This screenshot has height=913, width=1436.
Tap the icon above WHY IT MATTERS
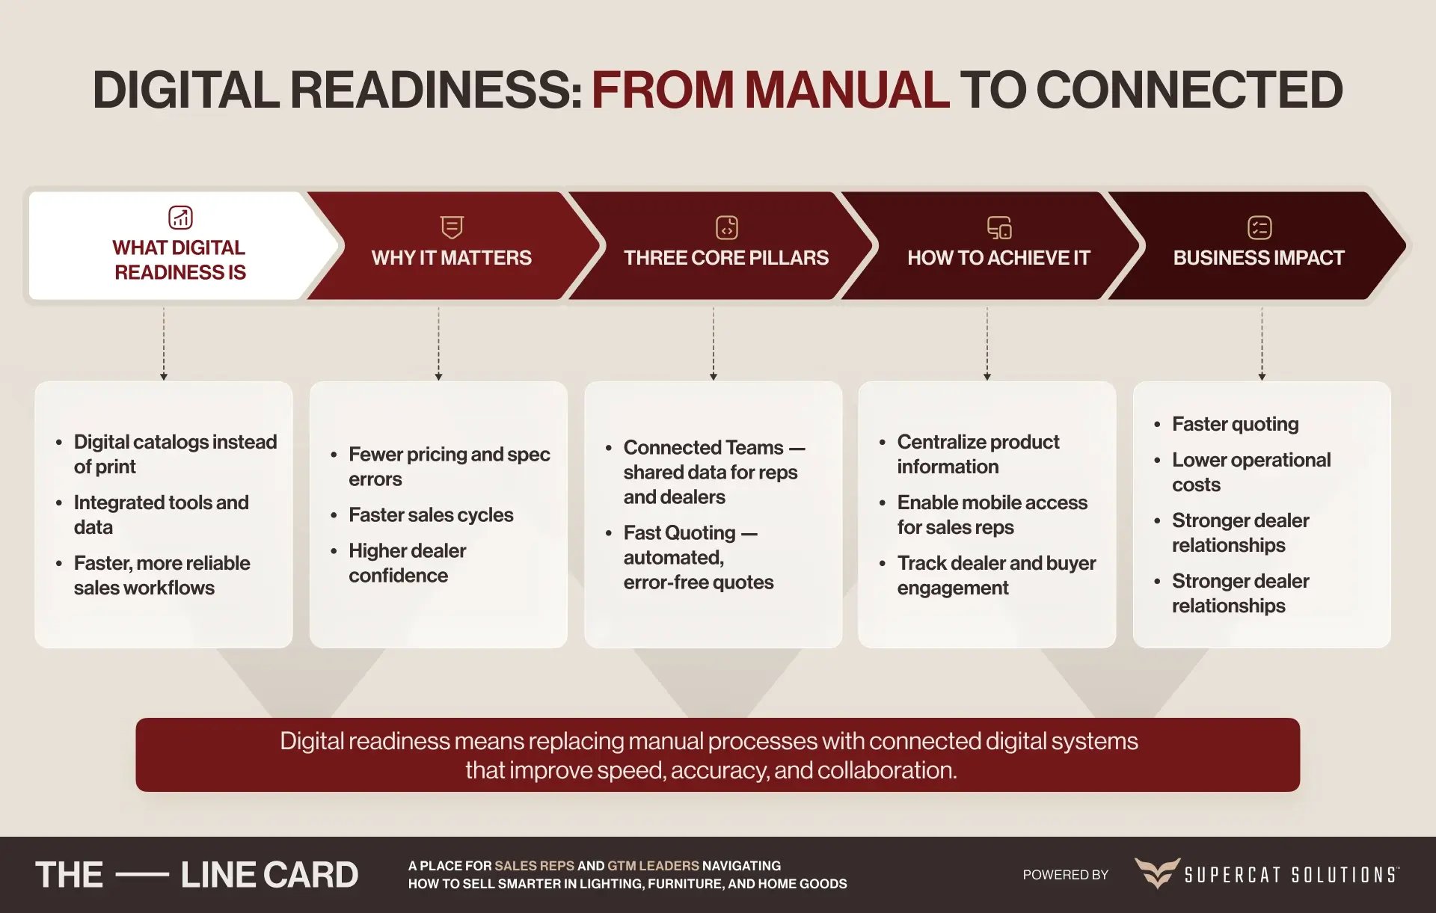(452, 227)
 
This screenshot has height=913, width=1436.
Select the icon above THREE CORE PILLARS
(726, 227)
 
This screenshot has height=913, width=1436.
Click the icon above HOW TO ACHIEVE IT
(999, 227)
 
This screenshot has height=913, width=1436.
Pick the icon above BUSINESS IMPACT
(1259, 227)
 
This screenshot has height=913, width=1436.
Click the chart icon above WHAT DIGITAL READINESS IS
(180, 217)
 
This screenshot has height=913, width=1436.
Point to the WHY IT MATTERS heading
(452, 258)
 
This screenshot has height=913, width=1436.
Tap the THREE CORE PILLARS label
(726, 258)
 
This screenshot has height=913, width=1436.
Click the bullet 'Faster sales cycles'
(431, 515)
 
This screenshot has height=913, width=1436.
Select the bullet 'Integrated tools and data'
(161, 514)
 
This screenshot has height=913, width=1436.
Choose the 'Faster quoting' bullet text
(1235, 424)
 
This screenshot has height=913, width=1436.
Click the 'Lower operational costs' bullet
(1251, 472)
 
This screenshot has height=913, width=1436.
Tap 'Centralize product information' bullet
(978, 454)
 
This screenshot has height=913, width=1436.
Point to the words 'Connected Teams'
(703, 447)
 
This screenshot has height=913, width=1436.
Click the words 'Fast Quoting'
(679, 532)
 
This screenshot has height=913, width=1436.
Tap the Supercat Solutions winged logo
(1157, 873)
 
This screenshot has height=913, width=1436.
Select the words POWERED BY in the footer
(1065, 875)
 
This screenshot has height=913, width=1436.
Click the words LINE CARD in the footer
(269, 875)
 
